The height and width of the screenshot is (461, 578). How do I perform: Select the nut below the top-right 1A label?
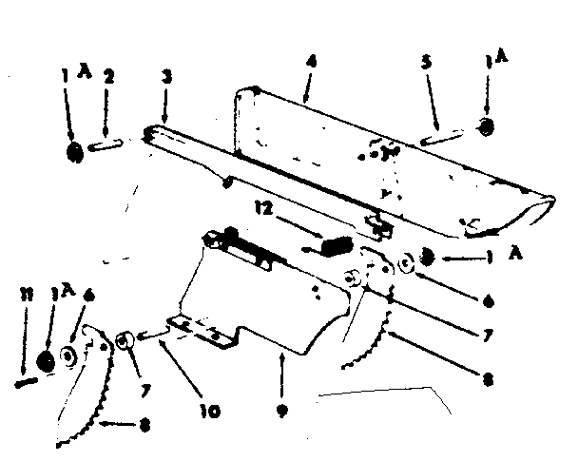point(486,126)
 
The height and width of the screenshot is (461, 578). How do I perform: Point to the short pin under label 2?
point(106,145)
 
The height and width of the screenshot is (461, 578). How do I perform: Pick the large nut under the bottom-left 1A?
point(46,362)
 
